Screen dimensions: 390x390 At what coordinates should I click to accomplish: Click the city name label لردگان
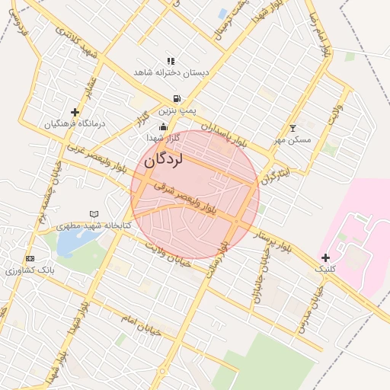coord(164,159)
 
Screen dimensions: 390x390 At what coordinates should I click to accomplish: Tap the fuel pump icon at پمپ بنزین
coord(177,98)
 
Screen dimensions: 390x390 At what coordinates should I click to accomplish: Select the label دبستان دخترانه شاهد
coord(171,72)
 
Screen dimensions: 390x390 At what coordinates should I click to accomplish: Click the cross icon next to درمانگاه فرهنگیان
coord(75,112)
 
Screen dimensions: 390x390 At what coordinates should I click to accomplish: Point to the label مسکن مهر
coord(292,140)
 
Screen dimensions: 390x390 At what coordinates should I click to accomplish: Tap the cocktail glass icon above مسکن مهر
coord(293,128)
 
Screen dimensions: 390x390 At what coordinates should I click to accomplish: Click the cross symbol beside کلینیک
coord(325,258)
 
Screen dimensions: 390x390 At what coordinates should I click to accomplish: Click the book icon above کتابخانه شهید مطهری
coord(94,214)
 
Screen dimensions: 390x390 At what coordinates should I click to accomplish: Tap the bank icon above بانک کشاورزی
coord(30,259)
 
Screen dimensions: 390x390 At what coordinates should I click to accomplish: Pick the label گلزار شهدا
coord(164,138)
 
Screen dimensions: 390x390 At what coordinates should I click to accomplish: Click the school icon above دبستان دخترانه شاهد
coord(171,61)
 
